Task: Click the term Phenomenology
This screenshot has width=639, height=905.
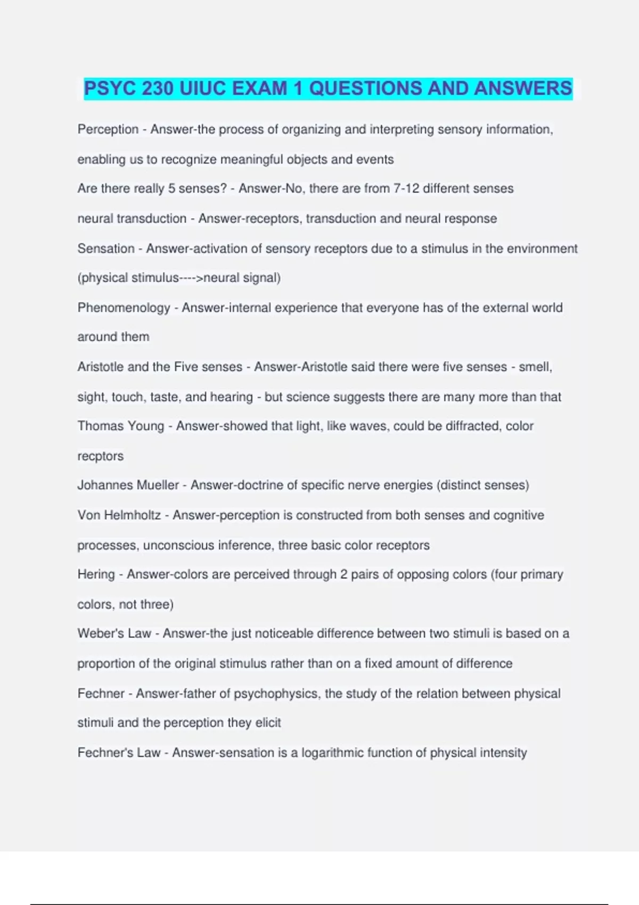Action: click(x=124, y=308)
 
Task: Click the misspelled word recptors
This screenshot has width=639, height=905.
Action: click(x=100, y=456)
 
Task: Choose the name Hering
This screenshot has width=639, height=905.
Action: click(x=96, y=574)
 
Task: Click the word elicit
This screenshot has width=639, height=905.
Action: click(x=267, y=723)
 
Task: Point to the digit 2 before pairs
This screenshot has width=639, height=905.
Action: click(x=343, y=574)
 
